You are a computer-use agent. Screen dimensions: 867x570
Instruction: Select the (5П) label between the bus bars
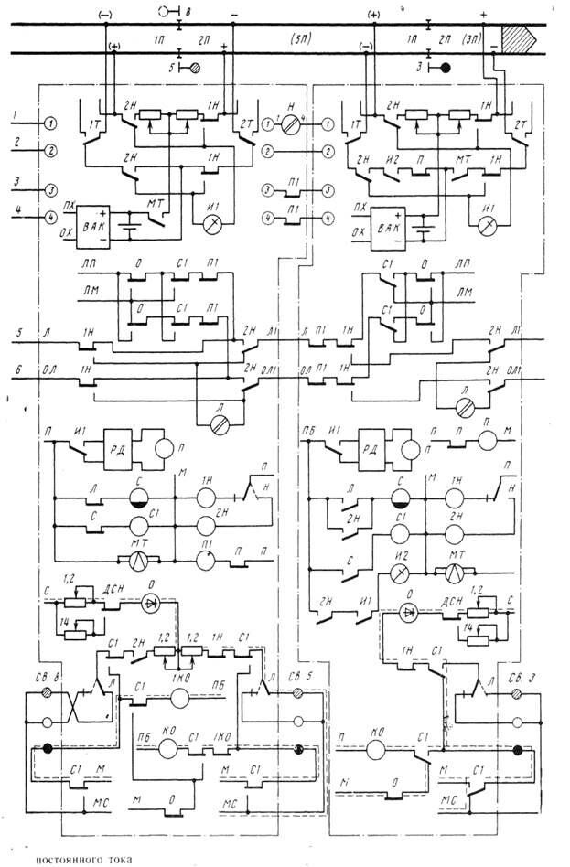pos(297,41)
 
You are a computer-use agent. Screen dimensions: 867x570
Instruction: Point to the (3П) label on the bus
pos(472,41)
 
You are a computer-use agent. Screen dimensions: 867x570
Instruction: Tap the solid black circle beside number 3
pos(446,67)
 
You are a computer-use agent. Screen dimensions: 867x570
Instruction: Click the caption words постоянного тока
pos(84,859)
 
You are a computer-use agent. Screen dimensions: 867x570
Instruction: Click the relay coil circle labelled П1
pos(206,560)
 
